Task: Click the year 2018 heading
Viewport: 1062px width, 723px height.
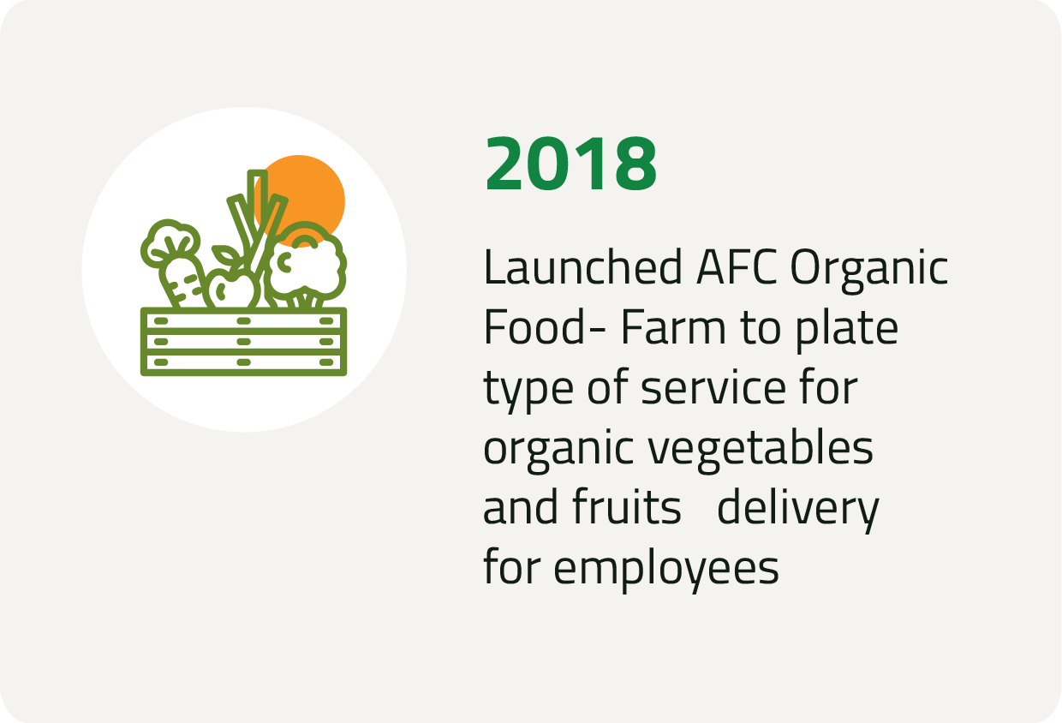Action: pos(570,164)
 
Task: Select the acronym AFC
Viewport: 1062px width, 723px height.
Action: pos(737,267)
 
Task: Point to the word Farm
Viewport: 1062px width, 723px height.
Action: pos(673,327)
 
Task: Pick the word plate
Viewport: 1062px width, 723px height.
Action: pos(847,331)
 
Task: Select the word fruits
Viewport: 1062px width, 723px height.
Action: pos(627,506)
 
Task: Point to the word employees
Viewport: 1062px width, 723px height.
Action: pos(666,571)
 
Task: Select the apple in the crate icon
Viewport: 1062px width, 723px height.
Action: pos(233,290)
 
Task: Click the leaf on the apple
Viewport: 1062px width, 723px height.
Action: pos(226,255)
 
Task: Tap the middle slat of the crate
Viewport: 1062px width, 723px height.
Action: pos(244,342)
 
